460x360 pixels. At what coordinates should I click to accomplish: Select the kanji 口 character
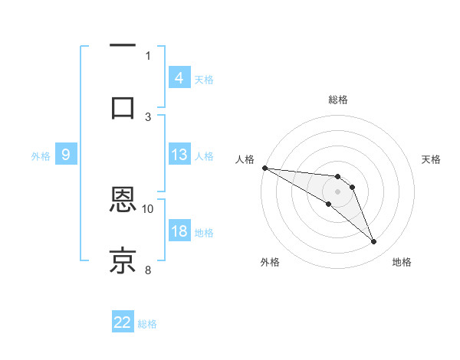point(123,106)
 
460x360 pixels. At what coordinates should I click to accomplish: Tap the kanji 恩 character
point(123,200)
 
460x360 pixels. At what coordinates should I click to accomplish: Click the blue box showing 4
point(179,78)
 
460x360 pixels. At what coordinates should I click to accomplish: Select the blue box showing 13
point(179,155)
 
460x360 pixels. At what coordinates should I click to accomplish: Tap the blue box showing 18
point(179,231)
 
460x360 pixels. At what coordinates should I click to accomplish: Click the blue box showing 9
point(66,155)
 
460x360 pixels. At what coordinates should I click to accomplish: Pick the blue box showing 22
point(123,322)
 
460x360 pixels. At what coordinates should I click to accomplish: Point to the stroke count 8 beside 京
point(148,270)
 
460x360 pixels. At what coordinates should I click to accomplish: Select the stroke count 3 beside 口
point(148,116)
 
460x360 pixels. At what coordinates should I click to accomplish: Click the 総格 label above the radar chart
point(338,100)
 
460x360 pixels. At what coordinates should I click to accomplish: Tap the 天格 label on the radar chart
point(432,159)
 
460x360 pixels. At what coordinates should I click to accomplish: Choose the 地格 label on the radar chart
point(402,262)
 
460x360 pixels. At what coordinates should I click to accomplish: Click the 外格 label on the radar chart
point(270,262)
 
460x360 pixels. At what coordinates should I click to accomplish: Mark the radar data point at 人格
point(264,168)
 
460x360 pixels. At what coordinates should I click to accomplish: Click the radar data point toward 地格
point(374,242)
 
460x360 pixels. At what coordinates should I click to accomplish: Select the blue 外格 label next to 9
point(41,155)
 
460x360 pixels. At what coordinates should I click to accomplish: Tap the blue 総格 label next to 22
point(147,324)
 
